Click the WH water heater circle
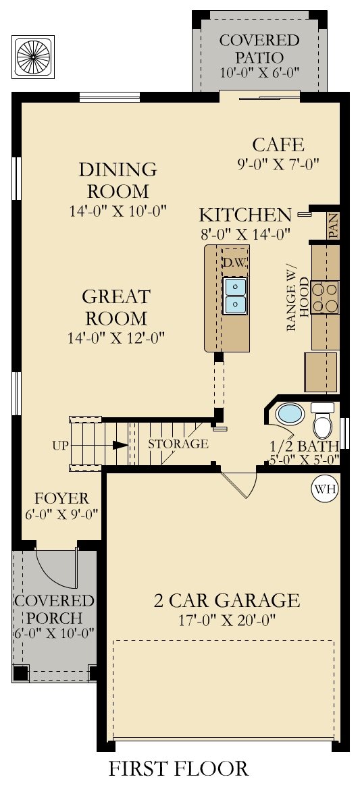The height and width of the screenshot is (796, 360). [325, 489]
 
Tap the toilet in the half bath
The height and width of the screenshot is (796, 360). [322, 421]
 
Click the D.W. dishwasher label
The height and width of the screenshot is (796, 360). [234, 263]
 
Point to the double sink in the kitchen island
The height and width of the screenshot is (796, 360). [235, 296]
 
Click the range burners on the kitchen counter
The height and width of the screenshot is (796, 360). [325, 298]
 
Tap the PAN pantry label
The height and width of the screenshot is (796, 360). [333, 225]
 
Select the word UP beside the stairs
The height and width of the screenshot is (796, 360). [60, 446]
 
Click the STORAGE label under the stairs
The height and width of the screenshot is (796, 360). [178, 444]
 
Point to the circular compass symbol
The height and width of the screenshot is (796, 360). [34, 56]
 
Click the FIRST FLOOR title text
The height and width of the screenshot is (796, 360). [178, 768]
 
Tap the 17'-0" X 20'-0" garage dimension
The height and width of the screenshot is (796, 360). [226, 620]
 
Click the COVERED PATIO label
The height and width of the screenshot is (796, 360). [259, 48]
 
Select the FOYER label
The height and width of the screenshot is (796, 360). [61, 498]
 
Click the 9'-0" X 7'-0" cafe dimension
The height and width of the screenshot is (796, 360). [278, 165]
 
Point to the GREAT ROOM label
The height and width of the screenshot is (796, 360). [116, 307]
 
